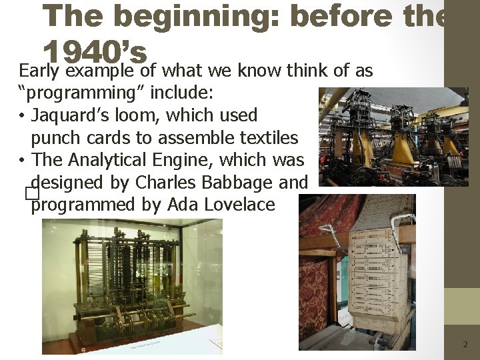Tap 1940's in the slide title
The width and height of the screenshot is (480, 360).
(95, 50)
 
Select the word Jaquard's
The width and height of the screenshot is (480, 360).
(71, 115)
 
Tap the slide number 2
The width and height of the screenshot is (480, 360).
(465, 345)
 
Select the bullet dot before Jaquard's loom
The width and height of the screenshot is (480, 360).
(23, 116)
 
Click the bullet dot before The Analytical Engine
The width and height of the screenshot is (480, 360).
(23, 161)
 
